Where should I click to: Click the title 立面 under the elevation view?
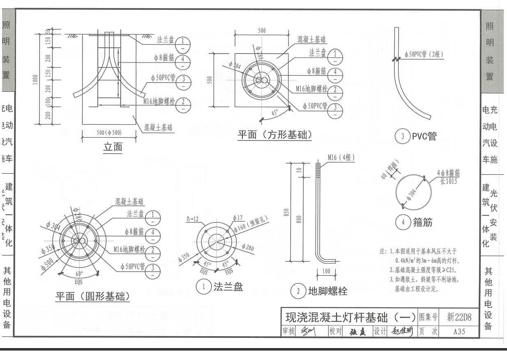tap(112, 148)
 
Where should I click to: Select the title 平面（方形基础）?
tap(274, 135)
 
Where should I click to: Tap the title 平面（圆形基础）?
tap(92, 296)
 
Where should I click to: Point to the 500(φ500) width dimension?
tap(109, 132)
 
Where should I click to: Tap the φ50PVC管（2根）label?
tap(424, 54)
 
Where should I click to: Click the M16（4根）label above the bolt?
tap(341, 157)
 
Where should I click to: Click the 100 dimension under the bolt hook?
tap(326, 271)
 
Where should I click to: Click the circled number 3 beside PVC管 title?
tap(402, 136)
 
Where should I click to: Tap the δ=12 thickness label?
tap(193, 219)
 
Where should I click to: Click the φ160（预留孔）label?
tap(250, 224)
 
